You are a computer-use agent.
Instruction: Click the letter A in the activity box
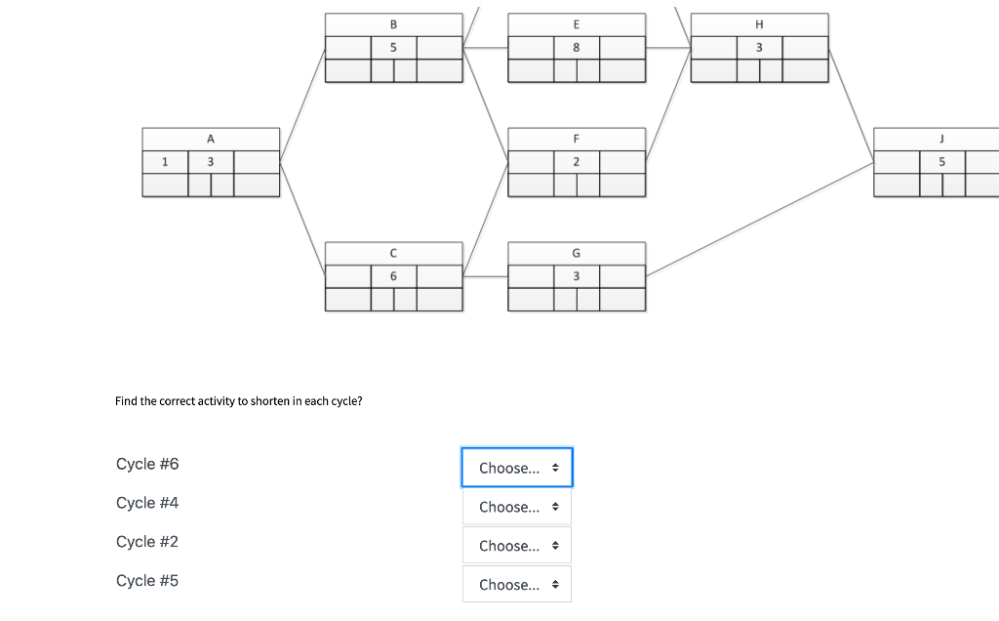point(211,139)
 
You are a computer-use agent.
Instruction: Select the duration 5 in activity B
point(393,47)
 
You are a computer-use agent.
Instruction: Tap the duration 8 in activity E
point(576,47)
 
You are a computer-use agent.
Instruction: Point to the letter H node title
point(759,24)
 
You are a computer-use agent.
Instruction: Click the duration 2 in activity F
point(576,162)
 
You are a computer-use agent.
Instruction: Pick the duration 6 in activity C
point(393,276)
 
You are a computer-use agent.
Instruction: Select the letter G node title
point(576,253)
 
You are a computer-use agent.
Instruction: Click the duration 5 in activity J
point(941,162)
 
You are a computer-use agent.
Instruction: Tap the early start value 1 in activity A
point(164,162)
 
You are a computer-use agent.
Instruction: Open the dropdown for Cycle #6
point(517,468)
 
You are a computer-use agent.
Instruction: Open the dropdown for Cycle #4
point(517,507)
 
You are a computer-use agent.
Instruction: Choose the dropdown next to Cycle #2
point(517,546)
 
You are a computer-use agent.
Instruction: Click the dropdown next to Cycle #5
point(517,585)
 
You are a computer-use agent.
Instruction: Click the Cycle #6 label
point(147,464)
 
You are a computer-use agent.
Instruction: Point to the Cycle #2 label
point(147,542)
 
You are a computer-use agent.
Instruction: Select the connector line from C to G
point(486,276)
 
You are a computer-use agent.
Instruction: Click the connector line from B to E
point(486,47)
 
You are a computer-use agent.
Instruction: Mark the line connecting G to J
point(759,220)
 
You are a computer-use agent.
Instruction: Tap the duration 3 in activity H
point(759,47)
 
